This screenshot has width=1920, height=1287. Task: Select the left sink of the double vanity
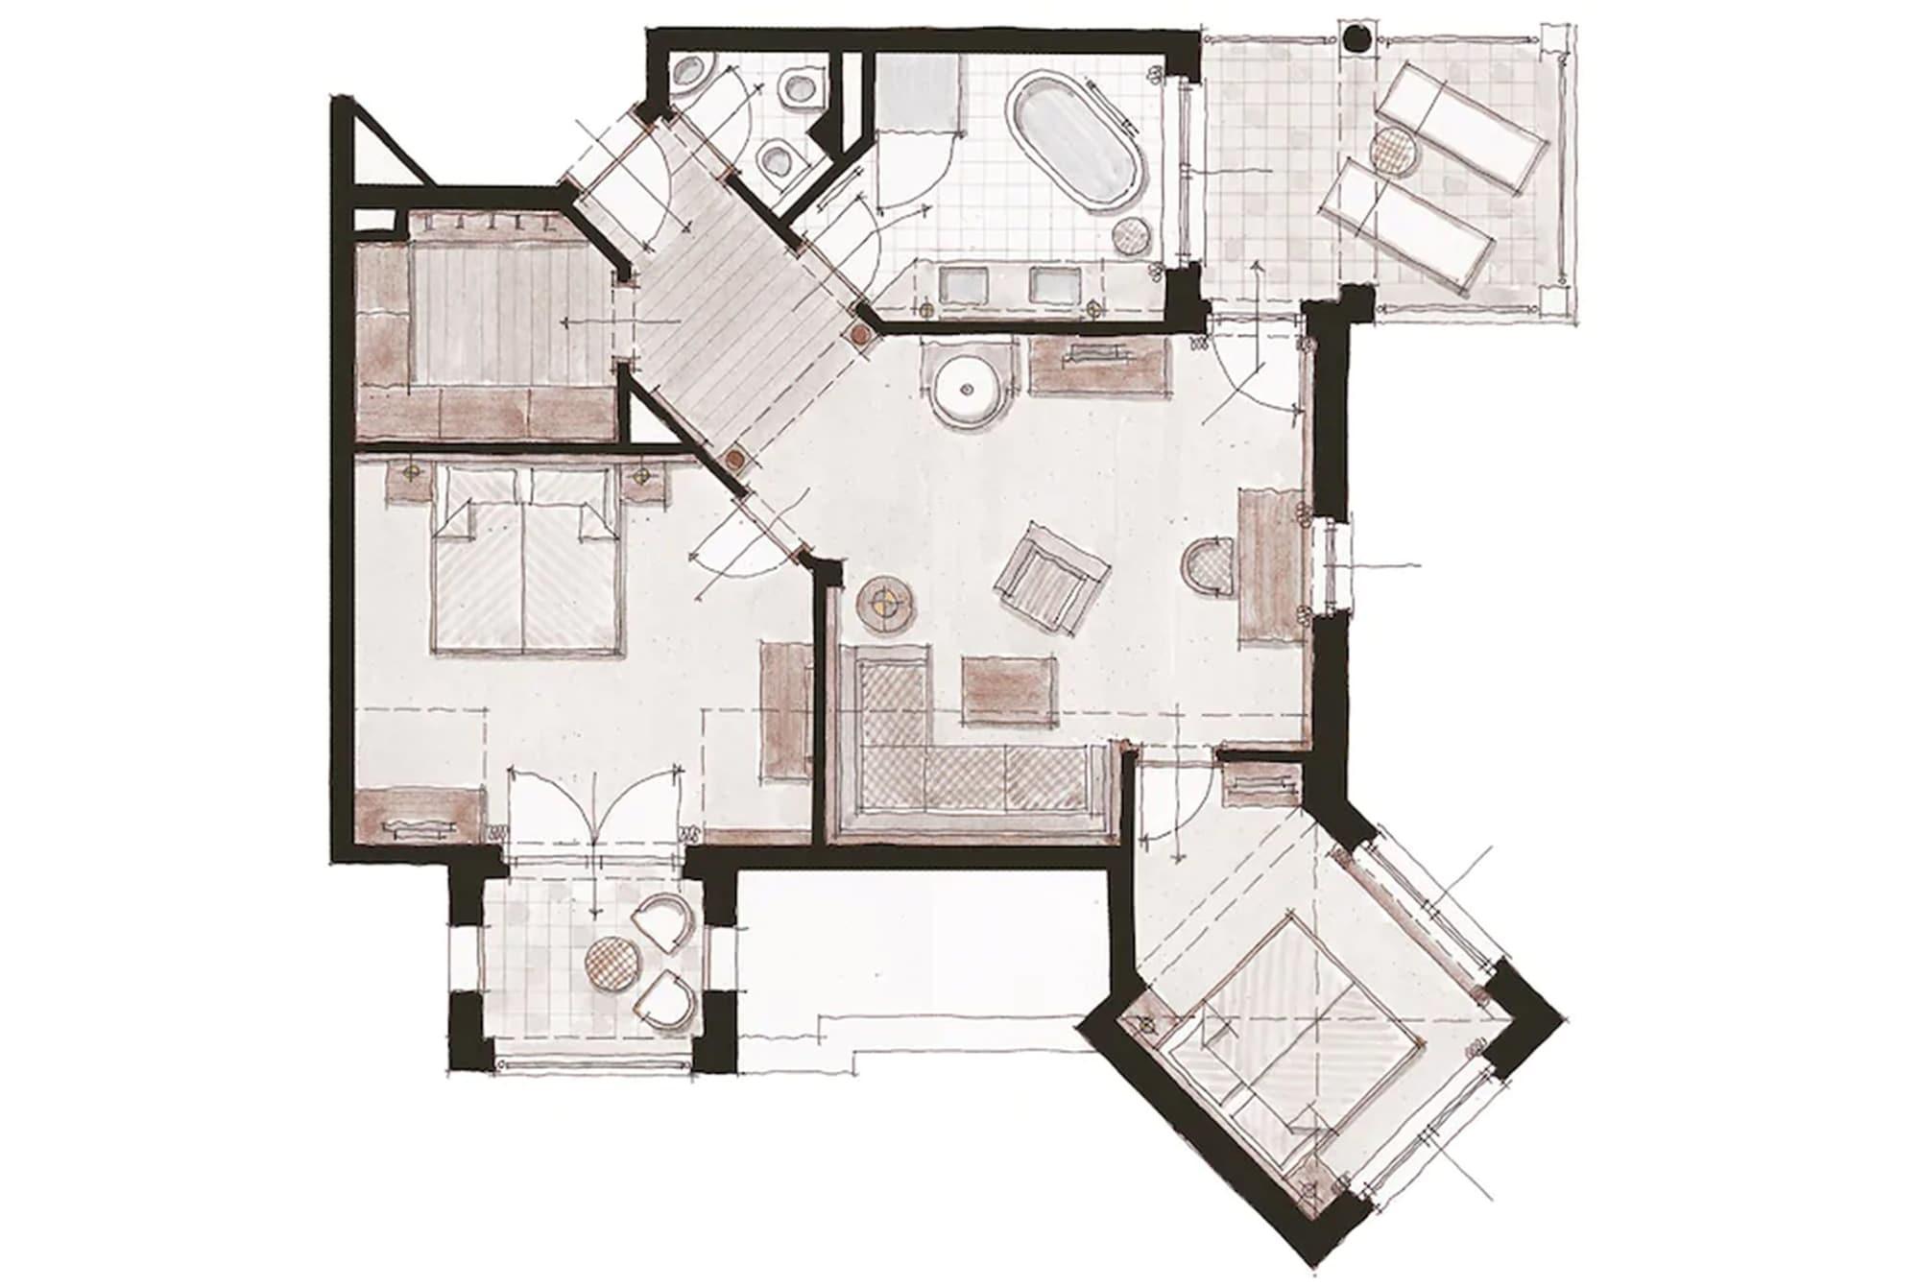963,284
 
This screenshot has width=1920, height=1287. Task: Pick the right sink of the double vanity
1054,284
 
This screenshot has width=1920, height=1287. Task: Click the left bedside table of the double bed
413,477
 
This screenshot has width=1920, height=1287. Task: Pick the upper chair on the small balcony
663,921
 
